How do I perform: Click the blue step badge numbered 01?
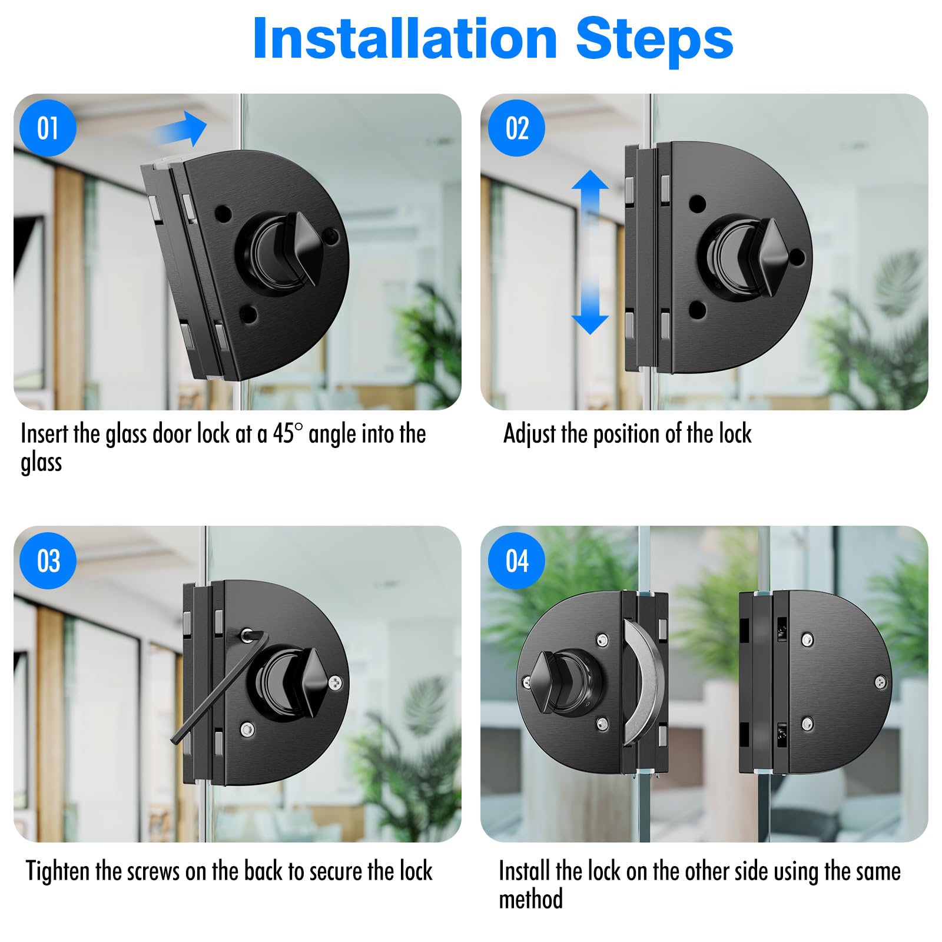tap(48, 128)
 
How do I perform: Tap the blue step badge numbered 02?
tap(516, 128)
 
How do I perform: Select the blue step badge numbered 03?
tap(48, 560)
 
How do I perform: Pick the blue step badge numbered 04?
tap(516, 560)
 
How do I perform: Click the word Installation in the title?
tap(404, 39)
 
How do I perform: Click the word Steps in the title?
tap(654, 39)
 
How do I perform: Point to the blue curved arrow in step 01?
tap(180, 129)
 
